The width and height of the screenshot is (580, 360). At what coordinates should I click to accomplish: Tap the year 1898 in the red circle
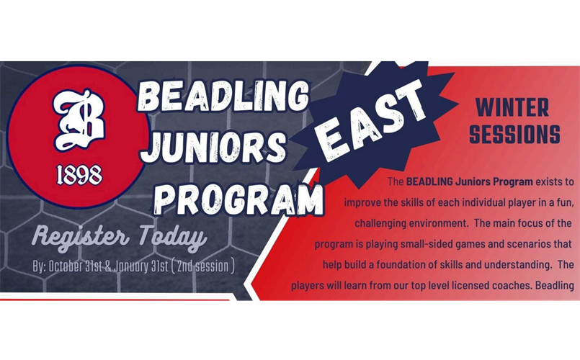pyautogui.click(x=79, y=175)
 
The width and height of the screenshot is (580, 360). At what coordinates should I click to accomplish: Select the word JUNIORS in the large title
pyautogui.click(x=214, y=147)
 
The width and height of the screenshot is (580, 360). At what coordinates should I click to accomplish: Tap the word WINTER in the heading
pyautogui.click(x=512, y=107)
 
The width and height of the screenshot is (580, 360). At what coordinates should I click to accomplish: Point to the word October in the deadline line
pyautogui.click(x=64, y=266)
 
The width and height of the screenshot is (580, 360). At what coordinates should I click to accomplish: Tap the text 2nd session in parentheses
pyautogui.click(x=202, y=266)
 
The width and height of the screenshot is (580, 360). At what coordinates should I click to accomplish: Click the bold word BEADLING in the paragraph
pyautogui.click(x=429, y=181)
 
